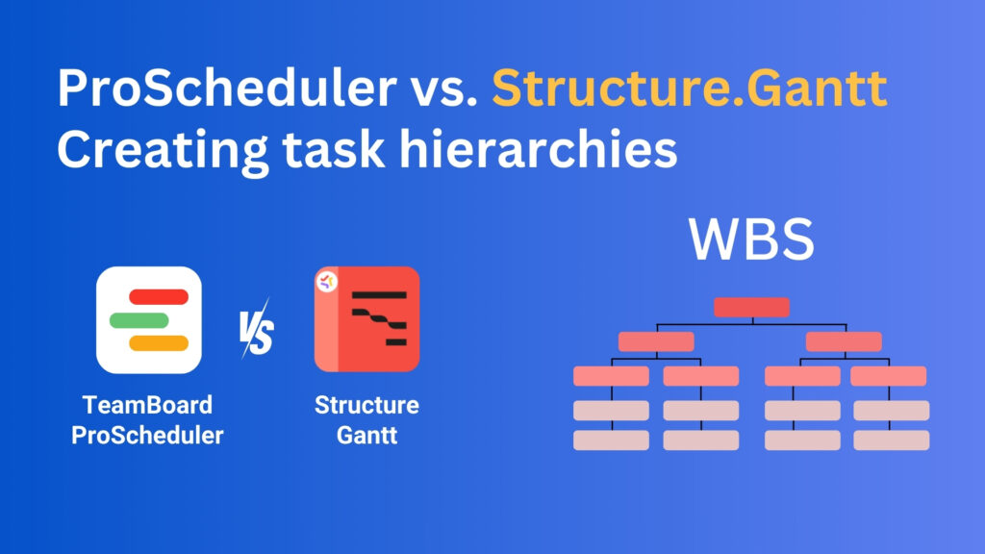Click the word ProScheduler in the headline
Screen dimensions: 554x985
tap(224, 89)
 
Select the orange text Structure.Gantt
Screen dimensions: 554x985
tap(689, 89)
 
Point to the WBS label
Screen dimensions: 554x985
tap(751, 240)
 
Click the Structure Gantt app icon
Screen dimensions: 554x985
tap(366, 319)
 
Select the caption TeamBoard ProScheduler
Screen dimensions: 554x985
tap(147, 419)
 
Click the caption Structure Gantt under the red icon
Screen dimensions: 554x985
tap(366, 419)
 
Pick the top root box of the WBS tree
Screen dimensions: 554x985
tap(751, 308)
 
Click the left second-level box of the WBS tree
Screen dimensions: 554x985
tap(656, 341)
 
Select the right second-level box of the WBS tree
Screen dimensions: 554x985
tap(844, 341)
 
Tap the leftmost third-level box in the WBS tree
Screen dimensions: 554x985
tap(611, 376)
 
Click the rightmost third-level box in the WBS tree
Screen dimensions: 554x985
tap(888, 376)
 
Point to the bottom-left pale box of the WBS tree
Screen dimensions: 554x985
tap(611, 441)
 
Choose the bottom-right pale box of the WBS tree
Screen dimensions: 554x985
tap(891, 441)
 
